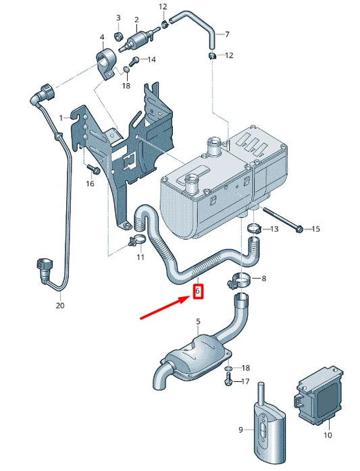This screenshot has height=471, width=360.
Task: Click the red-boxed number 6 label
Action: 197,292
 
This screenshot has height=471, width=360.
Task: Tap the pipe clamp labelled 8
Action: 241,278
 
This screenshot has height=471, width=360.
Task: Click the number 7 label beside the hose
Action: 227,34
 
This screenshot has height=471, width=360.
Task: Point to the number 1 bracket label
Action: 60,117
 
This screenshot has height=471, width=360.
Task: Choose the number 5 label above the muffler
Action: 199,322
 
